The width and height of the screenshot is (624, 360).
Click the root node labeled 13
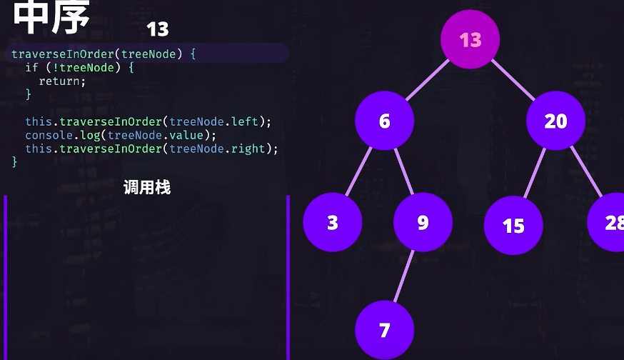[x=470, y=39]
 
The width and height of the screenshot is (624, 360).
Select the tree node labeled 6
[x=385, y=121]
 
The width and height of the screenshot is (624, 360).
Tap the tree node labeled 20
[x=555, y=121]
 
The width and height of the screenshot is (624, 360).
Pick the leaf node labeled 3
[x=333, y=222]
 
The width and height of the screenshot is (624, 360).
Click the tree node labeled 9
[x=423, y=222]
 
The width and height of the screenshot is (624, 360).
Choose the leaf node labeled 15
[x=513, y=226]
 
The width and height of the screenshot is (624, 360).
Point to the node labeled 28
[x=610, y=222]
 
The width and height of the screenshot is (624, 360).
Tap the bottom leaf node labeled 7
[x=385, y=330]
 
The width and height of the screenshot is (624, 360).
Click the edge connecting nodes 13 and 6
[x=428, y=80]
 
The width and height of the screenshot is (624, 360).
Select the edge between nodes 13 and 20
[x=513, y=80]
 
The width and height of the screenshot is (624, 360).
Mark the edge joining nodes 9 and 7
[x=404, y=276]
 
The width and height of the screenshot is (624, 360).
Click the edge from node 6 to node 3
[x=359, y=171]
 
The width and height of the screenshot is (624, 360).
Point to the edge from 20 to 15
[x=535, y=173]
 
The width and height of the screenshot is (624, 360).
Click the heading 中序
[x=51, y=17]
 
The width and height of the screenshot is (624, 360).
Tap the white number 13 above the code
[x=157, y=29]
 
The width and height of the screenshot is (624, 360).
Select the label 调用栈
[x=146, y=188]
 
